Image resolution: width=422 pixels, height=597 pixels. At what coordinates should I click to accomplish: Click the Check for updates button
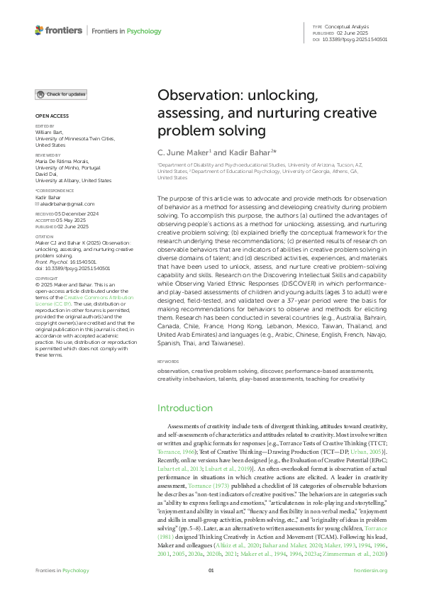click(62, 94)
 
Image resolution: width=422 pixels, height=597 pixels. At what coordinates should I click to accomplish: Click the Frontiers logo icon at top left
click(39, 30)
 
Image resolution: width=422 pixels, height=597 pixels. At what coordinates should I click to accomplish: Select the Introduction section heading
click(185, 408)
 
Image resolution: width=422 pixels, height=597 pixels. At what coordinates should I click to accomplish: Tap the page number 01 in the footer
click(211, 590)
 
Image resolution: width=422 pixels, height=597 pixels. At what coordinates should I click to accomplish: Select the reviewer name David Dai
click(46, 175)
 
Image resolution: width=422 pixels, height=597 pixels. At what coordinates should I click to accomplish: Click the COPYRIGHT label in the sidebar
click(46, 279)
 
